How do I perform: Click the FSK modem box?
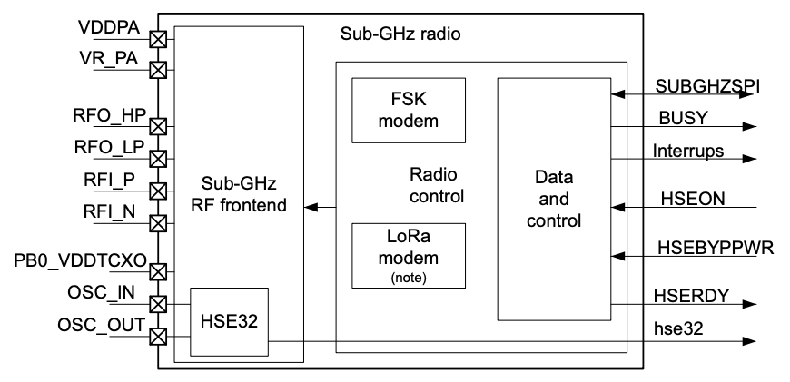(408, 109)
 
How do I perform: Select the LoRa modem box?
(408, 257)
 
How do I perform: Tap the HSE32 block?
(230, 322)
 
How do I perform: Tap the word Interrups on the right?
(688, 150)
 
